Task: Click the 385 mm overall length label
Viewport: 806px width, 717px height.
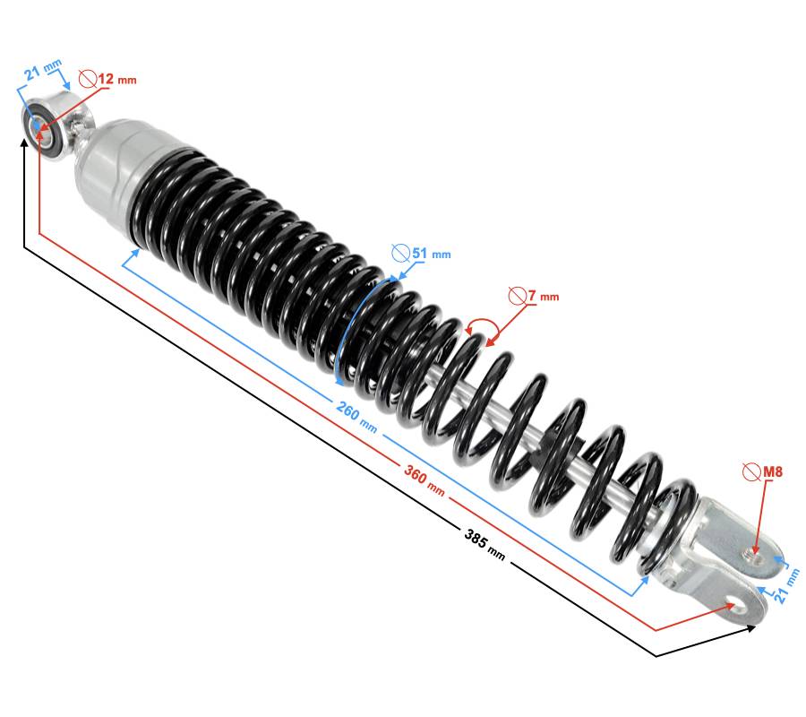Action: [x=484, y=544]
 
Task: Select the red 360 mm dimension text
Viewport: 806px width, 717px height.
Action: [x=424, y=480]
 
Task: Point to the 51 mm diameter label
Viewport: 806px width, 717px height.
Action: [x=432, y=254]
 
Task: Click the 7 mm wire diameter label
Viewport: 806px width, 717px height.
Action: [x=544, y=297]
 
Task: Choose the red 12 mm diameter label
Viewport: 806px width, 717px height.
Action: [x=117, y=79]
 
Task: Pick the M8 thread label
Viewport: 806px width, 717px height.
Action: [x=773, y=471]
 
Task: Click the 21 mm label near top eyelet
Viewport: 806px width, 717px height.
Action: [x=43, y=69]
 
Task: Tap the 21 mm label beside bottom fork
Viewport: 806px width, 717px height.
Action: [x=787, y=585]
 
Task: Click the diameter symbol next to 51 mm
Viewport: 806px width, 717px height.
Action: [x=400, y=253]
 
